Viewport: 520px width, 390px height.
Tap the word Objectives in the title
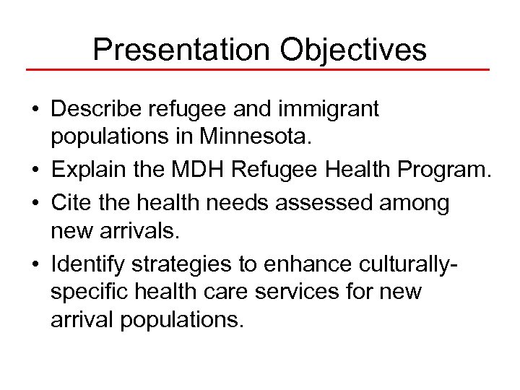pyautogui.click(x=353, y=49)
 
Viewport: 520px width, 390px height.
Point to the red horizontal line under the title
pyautogui.click(x=258, y=70)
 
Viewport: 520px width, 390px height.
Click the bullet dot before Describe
pyautogui.click(x=35, y=111)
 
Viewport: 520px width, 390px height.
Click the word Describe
pyautogui.click(x=99, y=110)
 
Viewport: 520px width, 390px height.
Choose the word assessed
pyautogui.click(x=327, y=204)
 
